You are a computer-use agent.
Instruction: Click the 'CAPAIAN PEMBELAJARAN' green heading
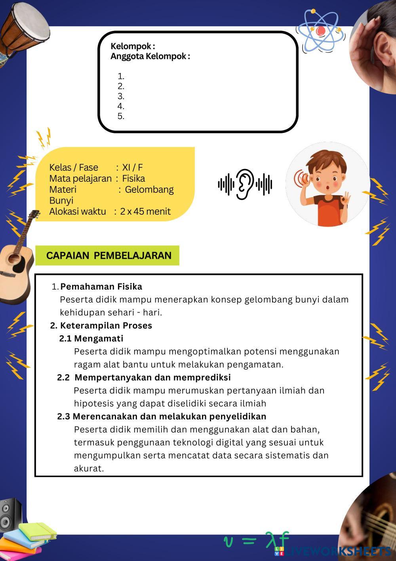(109, 256)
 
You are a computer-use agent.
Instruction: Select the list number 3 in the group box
(121, 96)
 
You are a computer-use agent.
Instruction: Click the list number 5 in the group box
(121, 116)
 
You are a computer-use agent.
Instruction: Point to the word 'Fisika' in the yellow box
(133, 179)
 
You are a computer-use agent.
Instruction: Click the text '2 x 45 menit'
(145, 211)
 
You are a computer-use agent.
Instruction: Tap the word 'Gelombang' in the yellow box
(149, 190)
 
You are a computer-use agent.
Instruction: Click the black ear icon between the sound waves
(245, 184)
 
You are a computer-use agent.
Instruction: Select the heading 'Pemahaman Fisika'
(101, 286)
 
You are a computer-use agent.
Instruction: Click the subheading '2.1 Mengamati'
(91, 338)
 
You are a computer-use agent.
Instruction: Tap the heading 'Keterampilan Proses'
(106, 325)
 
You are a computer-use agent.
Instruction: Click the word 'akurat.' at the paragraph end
(89, 468)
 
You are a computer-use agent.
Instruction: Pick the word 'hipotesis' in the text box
(93, 403)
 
